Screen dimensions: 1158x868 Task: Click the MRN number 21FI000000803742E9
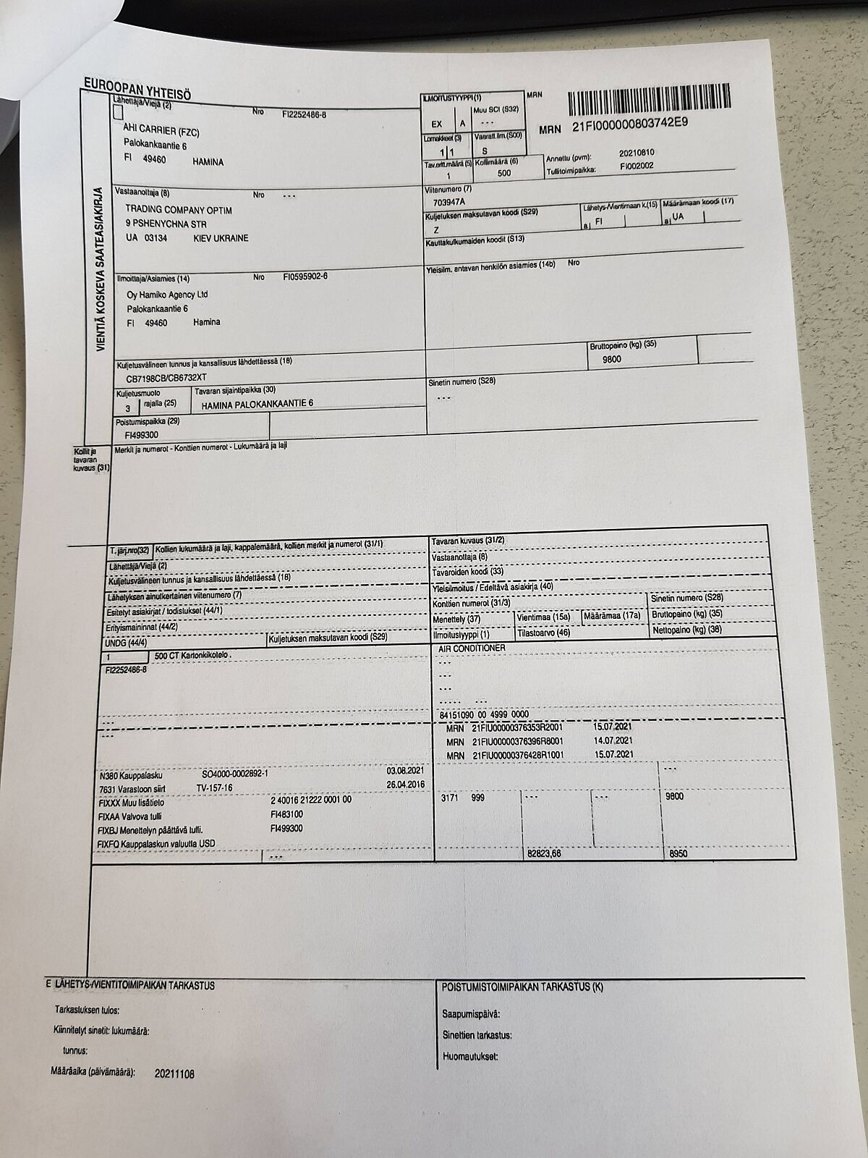(x=629, y=125)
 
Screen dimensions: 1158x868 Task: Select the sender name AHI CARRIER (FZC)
(x=161, y=132)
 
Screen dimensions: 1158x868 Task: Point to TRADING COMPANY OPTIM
(x=179, y=210)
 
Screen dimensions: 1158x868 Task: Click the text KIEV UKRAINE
(x=221, y=238)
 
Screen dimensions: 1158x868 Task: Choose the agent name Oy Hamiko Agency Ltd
(x=167, y=295)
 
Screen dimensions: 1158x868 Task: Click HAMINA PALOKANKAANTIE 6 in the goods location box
(x=258, y=404)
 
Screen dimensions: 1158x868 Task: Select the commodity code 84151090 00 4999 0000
(x=484, y=714)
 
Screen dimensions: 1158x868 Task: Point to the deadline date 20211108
(x=175, y=1074)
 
